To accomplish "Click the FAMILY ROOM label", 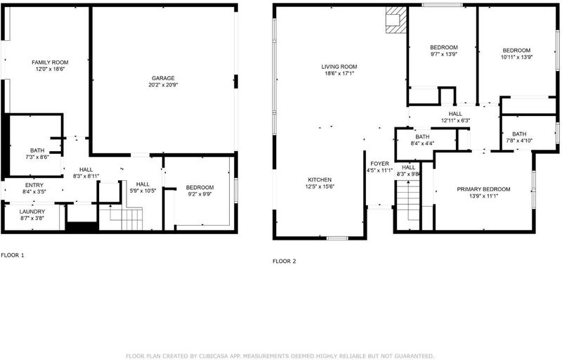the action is [50, 63].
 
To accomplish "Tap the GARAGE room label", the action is [163, 78].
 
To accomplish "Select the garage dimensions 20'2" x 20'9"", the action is [163, 85].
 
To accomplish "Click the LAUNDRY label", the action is [32, 212].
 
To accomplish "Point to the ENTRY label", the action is [34, 185].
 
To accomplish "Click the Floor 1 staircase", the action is [126, 217].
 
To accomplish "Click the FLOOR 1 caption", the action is [13, 255].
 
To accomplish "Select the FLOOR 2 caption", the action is [285, 261].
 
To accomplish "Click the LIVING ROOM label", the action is [339, 67].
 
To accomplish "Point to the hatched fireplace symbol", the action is [396, 20].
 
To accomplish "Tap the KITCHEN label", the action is [320, 179].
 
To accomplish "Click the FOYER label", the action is [379, 164].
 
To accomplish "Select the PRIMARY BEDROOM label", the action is [483, 189].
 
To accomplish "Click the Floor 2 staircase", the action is [407, 205].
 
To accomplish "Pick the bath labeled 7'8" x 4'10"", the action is [519, 137].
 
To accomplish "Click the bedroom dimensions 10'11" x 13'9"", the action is [516, 57].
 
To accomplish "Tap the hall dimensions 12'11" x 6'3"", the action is [455, 120].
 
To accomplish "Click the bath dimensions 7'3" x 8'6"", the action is [37, 157].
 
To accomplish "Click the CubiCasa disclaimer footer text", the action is [280, 356].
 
